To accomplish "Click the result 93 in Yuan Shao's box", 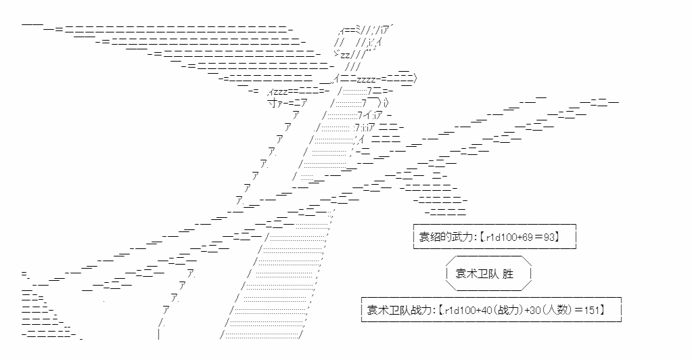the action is tap(549, 238).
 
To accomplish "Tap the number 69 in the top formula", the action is tap(527, 238).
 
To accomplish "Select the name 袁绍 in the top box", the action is tap(429, 237).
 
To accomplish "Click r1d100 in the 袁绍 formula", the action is tap(500, 238).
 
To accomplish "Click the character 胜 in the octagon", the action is tap(508, 273).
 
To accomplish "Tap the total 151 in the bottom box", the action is tap(592, 310).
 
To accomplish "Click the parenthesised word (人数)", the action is tap(557, 310).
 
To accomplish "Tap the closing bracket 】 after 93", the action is tap(557, 238).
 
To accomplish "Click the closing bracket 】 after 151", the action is tap(602, 310).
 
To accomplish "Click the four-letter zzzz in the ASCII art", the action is tap(366, 80).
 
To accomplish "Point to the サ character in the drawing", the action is tap(273, 104).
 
